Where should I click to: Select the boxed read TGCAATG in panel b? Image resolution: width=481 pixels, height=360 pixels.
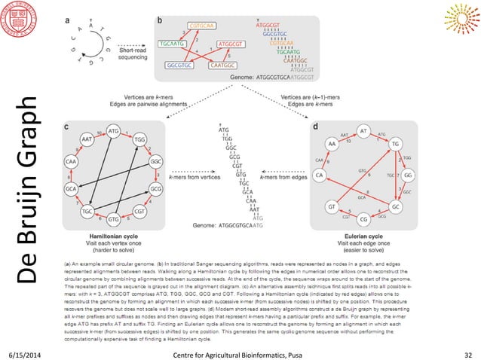(175, 44)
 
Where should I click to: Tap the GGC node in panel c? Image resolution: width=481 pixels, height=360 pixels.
(156, 163)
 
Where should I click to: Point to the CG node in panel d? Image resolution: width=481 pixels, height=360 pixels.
(364, 219)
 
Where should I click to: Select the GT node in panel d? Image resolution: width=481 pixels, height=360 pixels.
(332, 205)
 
